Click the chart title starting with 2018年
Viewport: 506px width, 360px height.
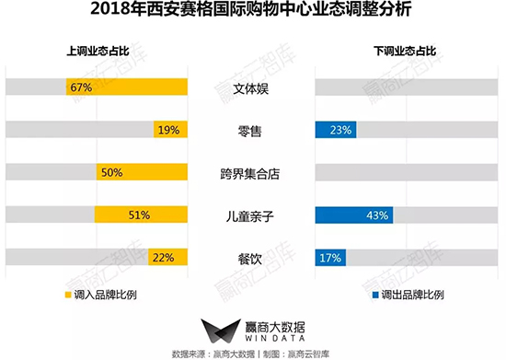pyautogui.click(x=252, y=13)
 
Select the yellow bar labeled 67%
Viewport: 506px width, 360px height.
pyautogui.click(x=127, y=87)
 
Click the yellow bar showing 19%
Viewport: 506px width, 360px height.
pyautogui.click(x=170, y=130)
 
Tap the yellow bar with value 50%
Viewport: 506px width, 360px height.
pyautogui.click(x=141, y=172)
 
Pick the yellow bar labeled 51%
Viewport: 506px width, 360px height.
pyautogui.click(x=141, y=215)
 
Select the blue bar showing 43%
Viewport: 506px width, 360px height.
pyautogui.click(x=354, y=215)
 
